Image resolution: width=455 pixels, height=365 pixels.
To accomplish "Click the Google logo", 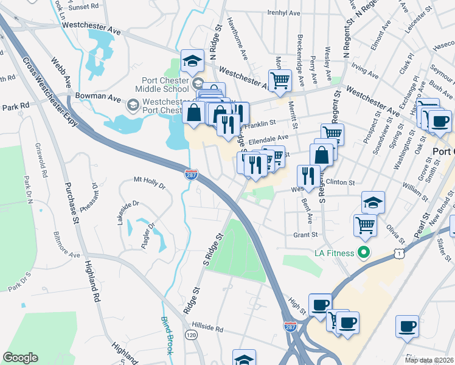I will (20, 358).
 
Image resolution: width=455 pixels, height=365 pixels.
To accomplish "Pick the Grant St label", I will (306, 234).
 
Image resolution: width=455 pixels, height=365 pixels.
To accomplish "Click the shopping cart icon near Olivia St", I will (365, 224).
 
